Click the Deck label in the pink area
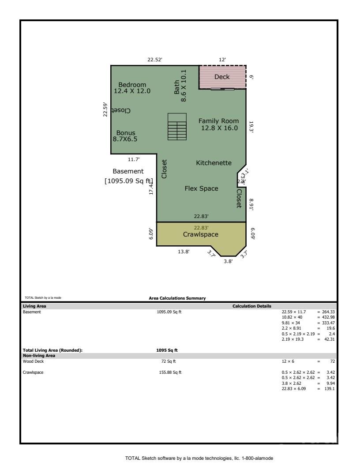(x=222, y=77)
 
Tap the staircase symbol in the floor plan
(x=176, y=127)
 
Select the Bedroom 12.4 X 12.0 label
(x=132, y=88)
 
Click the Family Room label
(x=218, y=124)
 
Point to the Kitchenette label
(x=214, y=163)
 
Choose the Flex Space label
(x=201, y=188)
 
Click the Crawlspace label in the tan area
(x=201, y=234)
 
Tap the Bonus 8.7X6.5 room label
(x=125, y=135)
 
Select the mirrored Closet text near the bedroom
(x=122, y=110)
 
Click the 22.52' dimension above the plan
(x=155, y=60)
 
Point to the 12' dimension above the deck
(x=222, y=60)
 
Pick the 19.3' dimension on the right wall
(x=251, y=127)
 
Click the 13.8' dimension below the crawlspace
(x=184, y=252)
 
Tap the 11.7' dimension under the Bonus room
(x=134, y=159)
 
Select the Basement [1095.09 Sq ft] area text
(x=128, y=176)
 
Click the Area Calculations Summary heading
(x=177, y=298)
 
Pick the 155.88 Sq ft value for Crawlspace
(x=166, y=372)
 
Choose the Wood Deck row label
(x=33, y=361)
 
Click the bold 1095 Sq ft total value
(x=164, y=350)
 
